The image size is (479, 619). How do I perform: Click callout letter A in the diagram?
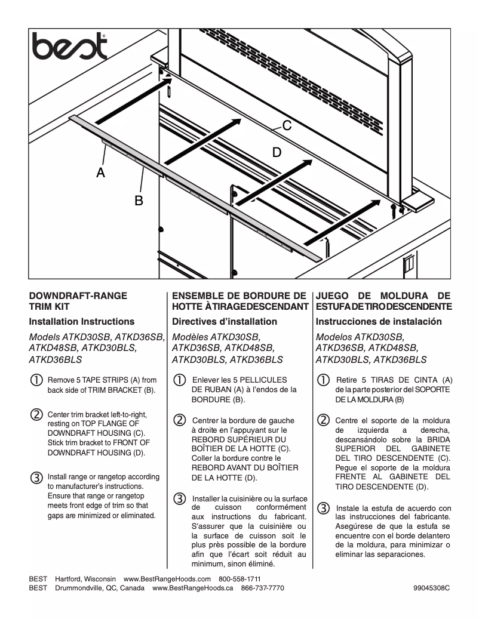coord(102,173)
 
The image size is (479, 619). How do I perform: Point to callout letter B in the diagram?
coord(138,201)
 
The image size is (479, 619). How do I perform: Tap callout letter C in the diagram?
coord(287,125)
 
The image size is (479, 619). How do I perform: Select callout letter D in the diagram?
coord(277,152)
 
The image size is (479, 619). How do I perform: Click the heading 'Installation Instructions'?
coord(82,321)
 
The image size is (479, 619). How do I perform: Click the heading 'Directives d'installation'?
coord(224,321)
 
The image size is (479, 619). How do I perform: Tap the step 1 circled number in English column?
coord(36,380)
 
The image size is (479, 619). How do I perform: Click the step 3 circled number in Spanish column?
coord(323,508)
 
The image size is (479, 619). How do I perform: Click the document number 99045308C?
coord(431,588)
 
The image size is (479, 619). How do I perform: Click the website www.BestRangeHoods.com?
coord(167,579)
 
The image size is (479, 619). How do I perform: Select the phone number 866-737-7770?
coord(262,588)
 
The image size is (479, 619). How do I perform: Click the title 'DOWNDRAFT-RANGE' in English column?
coord(78,295)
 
